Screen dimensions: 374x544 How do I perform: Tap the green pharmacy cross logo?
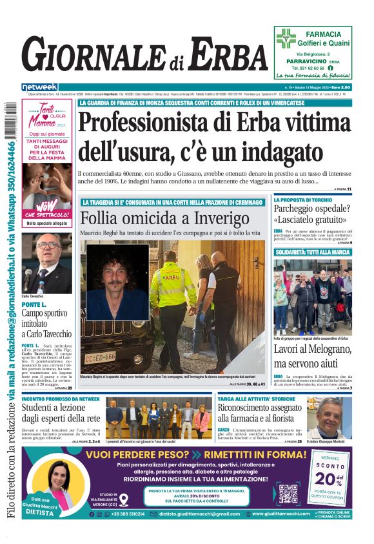[286, 38]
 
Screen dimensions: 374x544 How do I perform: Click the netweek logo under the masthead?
[40, 87]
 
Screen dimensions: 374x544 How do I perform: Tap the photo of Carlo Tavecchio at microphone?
[46, 262]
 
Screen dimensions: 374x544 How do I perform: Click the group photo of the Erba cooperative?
[312, 297]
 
